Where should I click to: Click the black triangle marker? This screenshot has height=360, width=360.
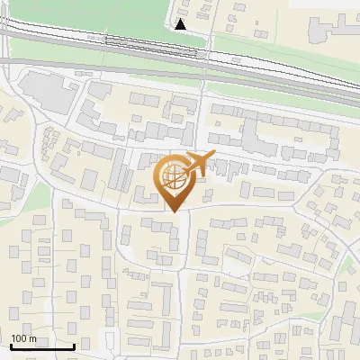point(182,24)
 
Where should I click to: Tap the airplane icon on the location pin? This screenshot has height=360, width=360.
point(199,163)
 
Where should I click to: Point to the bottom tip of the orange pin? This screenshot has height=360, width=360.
point(174,211)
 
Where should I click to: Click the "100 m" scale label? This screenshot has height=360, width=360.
point(23,338)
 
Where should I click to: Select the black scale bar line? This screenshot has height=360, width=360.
point(42,346)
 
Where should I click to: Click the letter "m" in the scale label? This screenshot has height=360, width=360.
point(32,338)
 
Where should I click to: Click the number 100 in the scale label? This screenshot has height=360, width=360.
point(19,338)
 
